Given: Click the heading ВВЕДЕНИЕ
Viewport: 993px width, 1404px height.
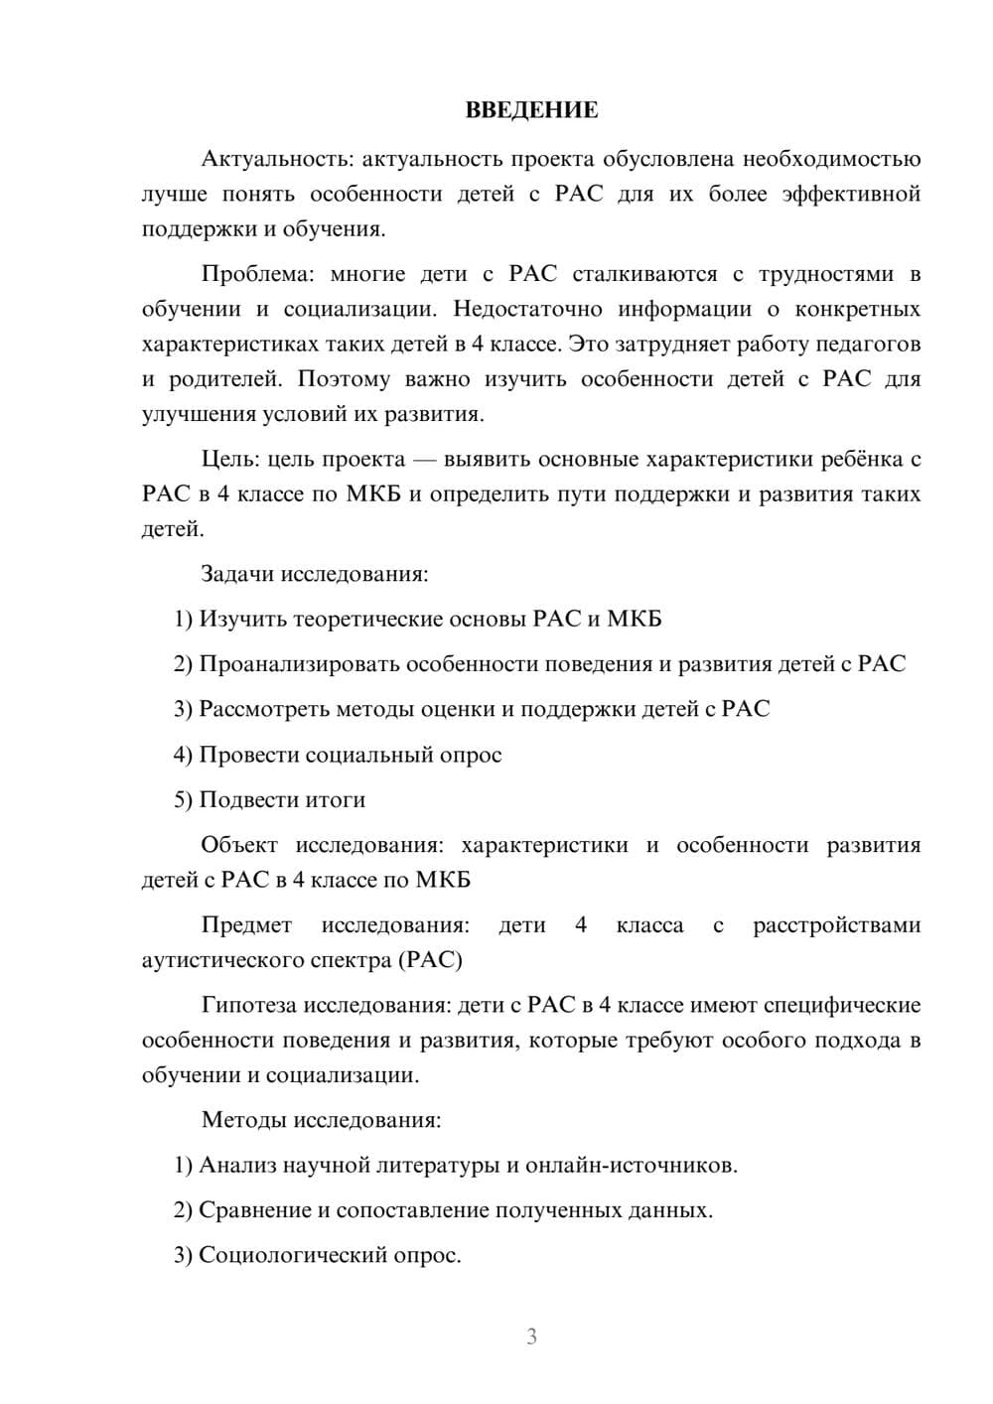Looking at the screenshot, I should click(x=531, y=110).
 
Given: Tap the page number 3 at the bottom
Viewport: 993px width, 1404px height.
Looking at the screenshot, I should click(x=531, y=1336).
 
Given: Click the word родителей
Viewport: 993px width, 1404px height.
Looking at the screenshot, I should click(x=225, y=379).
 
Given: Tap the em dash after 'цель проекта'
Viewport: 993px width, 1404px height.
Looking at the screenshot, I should click(x=424, y=460).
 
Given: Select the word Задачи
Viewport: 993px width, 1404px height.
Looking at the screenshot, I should click(x=238, y=574).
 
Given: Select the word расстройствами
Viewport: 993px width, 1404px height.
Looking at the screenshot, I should click(x=836, y=925).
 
